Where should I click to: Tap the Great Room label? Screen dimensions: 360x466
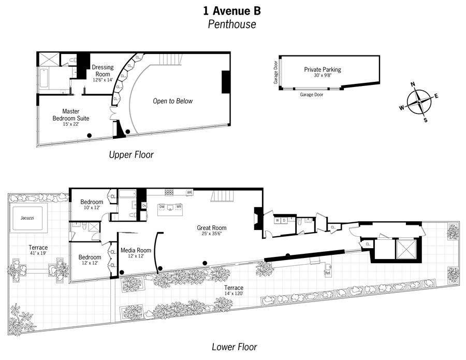[211, 227]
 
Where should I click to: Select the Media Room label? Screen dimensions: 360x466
[136, 251]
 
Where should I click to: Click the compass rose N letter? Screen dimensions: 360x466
[413, 84]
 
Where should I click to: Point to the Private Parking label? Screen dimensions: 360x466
[322, 69]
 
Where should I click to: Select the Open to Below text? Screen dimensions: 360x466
[172, 101]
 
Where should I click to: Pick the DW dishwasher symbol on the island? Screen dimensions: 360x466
[162, 207]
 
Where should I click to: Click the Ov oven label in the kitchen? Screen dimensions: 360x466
[144, 205]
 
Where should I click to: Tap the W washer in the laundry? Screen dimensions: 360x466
[278, 220]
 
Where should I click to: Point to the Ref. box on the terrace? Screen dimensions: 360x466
[328, 271]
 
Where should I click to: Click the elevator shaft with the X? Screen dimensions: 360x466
[402, 251]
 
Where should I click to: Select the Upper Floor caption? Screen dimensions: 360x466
[131, 154]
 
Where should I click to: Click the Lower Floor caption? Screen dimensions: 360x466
[234, 347]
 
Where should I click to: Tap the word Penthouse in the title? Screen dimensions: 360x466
[232, 24]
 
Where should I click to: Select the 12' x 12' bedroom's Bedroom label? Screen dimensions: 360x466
[89, 257]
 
